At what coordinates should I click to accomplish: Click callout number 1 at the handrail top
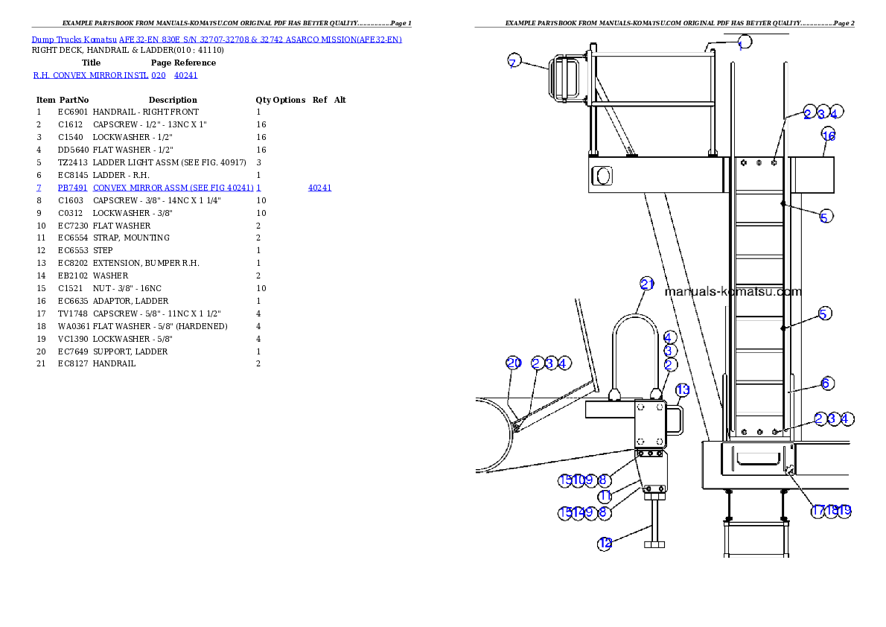744,42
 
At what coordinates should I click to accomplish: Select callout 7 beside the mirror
513,62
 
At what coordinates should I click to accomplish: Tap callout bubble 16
829,135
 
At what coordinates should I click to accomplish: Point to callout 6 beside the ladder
826,383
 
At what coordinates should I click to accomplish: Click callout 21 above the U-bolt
647,284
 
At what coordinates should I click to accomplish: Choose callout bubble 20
514,363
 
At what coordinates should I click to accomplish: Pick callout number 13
683,390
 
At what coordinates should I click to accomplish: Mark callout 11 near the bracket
605,496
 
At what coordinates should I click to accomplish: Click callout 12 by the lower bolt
605,544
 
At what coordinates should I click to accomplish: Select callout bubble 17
818,511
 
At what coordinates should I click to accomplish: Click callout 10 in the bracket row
579,480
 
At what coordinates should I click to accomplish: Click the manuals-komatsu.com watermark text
733,292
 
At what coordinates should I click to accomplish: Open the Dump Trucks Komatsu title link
217,39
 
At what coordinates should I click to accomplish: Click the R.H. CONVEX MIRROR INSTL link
99,75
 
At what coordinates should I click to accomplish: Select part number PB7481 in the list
72,188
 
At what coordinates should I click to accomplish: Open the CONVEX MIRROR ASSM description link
176,188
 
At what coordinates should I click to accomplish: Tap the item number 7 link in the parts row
39,188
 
